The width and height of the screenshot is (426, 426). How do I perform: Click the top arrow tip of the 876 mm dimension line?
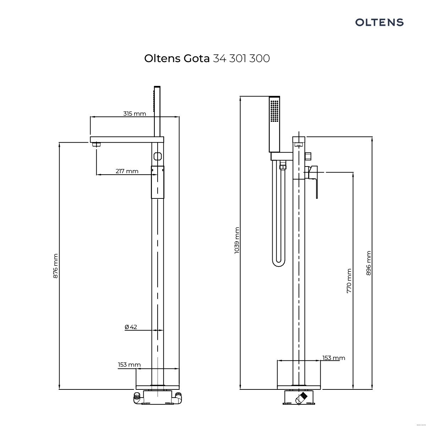[x=59, y=143]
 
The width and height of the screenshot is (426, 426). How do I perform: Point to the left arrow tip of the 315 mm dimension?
[x=91, y=117]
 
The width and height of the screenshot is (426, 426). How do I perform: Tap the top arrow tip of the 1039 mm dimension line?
[x=240, y=97]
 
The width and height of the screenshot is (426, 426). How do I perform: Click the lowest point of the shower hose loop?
[x=279, y=267]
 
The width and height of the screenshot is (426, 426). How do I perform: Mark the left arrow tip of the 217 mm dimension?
[x=97, y=175]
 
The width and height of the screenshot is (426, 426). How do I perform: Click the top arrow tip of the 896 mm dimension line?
[x=372, y=137]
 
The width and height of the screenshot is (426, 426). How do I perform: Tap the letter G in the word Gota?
[x=188, y=59]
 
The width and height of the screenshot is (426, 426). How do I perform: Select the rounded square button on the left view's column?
[x=158, y=156]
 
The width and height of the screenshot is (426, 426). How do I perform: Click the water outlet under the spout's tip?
[x=96, y=144]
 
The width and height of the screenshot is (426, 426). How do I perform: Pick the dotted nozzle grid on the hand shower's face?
[x=274, y=111]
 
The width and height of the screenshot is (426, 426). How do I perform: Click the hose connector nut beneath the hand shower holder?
[x=283, y=166]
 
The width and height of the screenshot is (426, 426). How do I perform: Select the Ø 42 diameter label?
[x=131, y=327]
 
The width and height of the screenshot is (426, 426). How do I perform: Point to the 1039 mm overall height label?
[x=237, y=240]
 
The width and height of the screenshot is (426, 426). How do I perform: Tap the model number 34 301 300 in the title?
[x=241, y=59]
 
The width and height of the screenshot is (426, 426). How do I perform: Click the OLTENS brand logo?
[x=379, y=22]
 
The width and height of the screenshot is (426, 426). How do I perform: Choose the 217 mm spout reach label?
[x=127, y=171]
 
